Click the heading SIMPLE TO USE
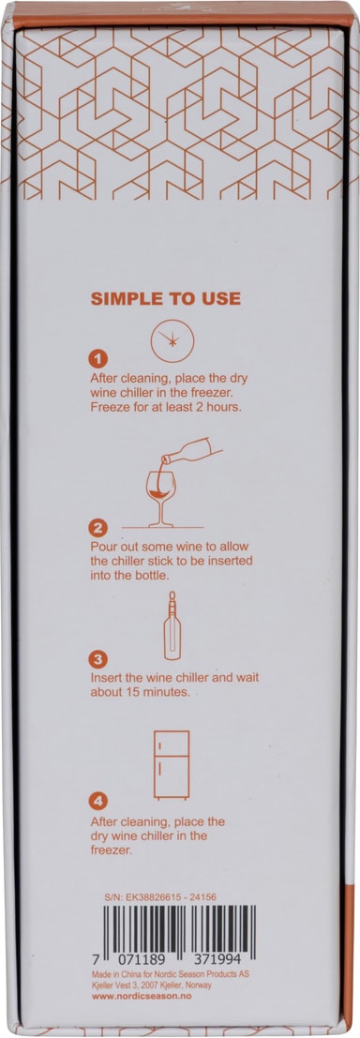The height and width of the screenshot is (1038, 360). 165,298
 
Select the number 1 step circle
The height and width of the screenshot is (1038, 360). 97,359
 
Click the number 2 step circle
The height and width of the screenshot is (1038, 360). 97,528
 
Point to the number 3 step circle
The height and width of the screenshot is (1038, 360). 97,659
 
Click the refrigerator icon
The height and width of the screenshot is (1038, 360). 172,764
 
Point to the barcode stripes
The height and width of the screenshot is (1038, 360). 179,929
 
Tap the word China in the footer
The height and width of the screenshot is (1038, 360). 139,974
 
